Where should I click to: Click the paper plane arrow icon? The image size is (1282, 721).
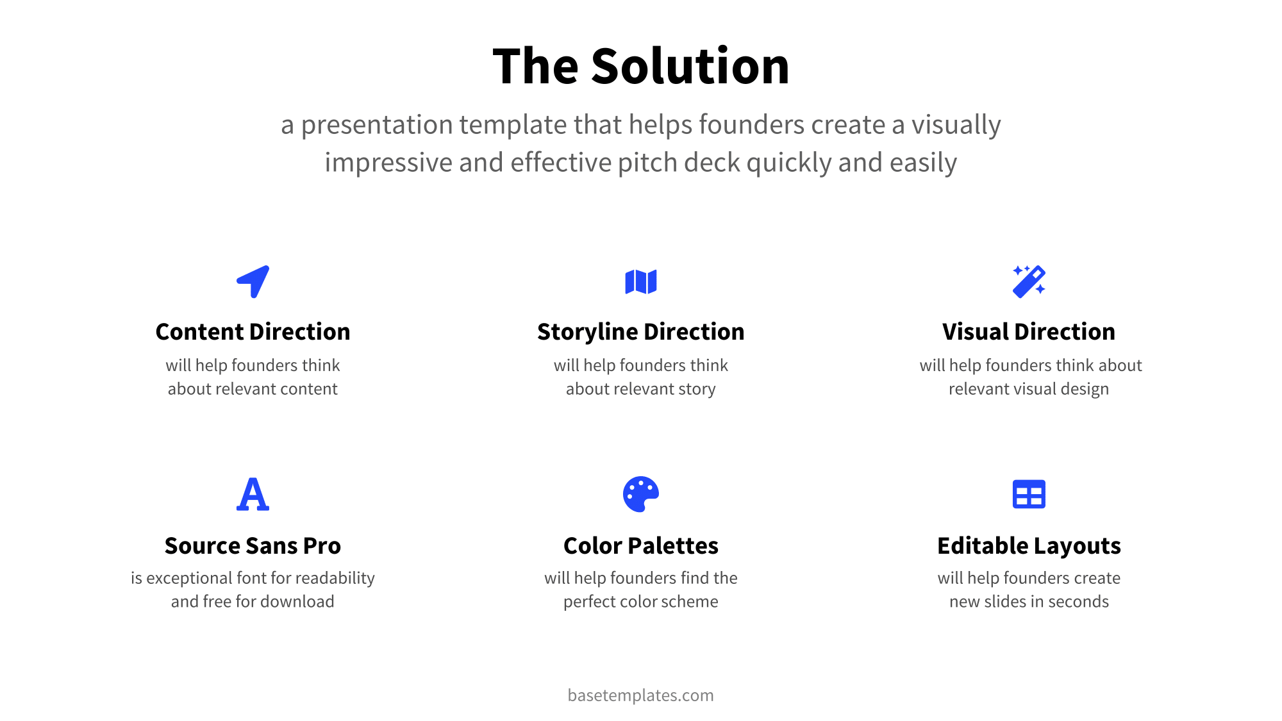click(x=253, y=281)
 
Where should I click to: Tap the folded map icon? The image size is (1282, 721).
click(x=641, y=281)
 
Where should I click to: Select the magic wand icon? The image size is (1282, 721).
click(x=1029, y=281)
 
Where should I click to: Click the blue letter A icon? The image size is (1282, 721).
click(x=253, y=494)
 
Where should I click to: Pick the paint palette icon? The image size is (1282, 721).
click(x=641, y=494)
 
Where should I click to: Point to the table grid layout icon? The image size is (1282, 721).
click(x=1029, y=494)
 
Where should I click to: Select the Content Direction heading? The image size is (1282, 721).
click(x=253, y=332)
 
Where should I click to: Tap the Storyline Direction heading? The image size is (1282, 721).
click(x=641, y=332)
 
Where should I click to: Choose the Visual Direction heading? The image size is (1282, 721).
click(x=1029, y=332)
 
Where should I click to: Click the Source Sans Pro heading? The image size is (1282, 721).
click(x=253, y=545)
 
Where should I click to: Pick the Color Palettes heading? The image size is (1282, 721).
click(x=641, y=545)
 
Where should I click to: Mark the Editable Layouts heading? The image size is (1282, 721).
click(x=1029, y=545)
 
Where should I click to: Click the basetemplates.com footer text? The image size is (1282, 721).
click(x=641, y=695)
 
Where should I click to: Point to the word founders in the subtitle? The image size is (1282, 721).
click(x=751, y=124)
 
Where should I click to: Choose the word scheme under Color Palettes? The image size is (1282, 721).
click(x=691, y=601)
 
